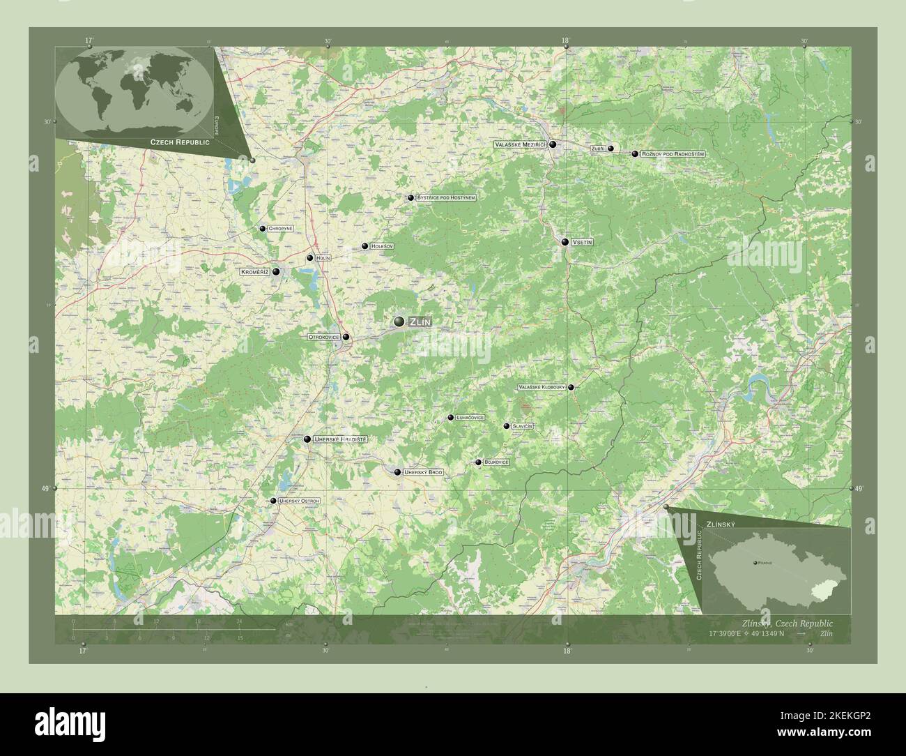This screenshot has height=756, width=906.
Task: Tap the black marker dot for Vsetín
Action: tap(565, 242)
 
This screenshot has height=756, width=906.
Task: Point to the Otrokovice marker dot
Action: tap(346, 337)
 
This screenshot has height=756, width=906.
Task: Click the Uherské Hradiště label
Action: tap(340, 439)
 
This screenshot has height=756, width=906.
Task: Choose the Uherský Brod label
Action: tap(423, 473)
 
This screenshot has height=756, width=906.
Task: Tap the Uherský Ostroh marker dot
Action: tap(273, 501)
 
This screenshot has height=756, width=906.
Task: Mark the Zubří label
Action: tap(597, 149)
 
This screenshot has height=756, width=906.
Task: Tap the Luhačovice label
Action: tap(470, 418)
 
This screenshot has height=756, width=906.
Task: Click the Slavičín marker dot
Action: tap(507, 425)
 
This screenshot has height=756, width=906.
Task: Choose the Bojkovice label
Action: tap(496, 462)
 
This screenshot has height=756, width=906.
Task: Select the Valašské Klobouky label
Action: tap(541, 387)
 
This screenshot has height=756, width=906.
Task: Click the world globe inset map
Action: tap(134, 91)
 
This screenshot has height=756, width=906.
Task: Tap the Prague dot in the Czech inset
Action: tap(755, 562)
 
